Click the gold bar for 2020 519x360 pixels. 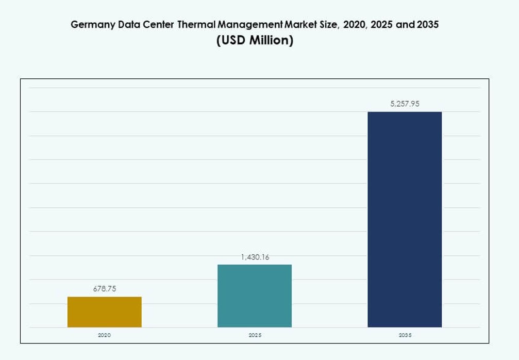(x=104, y=312)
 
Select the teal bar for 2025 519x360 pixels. (x=255, y=296)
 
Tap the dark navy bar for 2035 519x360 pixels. (x=405, y=219)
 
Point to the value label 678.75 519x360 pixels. (x=105, y=289)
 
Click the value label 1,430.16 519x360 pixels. (x=255, y=257)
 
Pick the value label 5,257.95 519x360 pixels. (x=405, y=104)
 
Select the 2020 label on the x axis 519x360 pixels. (x=104, y=335)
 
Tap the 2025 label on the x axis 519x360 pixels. (x=255, y=335)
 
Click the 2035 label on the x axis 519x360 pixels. (x=405, y=335)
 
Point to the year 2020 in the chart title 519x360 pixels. (x=354, y=24)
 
